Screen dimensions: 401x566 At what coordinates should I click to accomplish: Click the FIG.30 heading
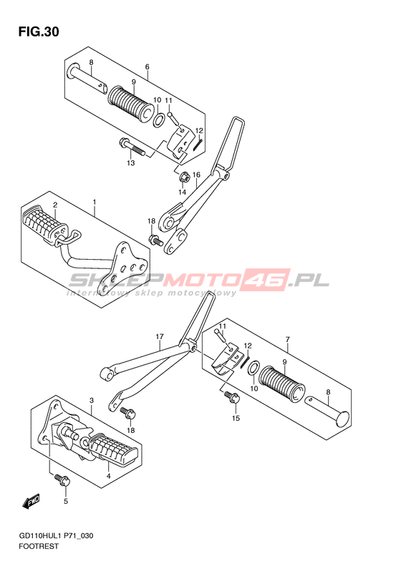pos(39,32)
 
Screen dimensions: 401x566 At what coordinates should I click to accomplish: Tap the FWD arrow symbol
pos(31,502)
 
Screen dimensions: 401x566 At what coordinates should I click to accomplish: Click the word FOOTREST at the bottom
pos(38,546)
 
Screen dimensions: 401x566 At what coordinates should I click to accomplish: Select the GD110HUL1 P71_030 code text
pos(56,536)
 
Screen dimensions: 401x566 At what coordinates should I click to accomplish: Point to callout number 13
pos(131,163)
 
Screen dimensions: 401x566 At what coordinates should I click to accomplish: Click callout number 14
pos(182,192)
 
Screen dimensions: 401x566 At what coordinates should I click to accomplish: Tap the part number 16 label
pos(196,175)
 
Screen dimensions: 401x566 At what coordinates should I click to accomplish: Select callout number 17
pos(160,337)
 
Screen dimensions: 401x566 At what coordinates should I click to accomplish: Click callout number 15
pos(236,419)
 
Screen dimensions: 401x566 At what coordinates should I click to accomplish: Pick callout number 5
pos(66,502)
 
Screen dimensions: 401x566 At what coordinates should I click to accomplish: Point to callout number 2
pos(55,205)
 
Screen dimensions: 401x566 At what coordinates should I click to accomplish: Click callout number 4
pos(108,476)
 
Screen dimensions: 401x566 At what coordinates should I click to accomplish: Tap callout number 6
pos(147,67)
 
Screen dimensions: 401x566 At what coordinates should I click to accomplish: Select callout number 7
pos(287,339)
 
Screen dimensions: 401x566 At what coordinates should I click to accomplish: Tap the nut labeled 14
pos(184,177)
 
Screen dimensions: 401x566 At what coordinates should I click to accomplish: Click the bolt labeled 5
pos(62,479)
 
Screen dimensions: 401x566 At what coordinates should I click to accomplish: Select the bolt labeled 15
pos(232,396)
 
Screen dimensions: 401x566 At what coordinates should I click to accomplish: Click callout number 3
pos(92,401)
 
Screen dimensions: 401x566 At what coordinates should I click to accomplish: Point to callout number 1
pos(95,202)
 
